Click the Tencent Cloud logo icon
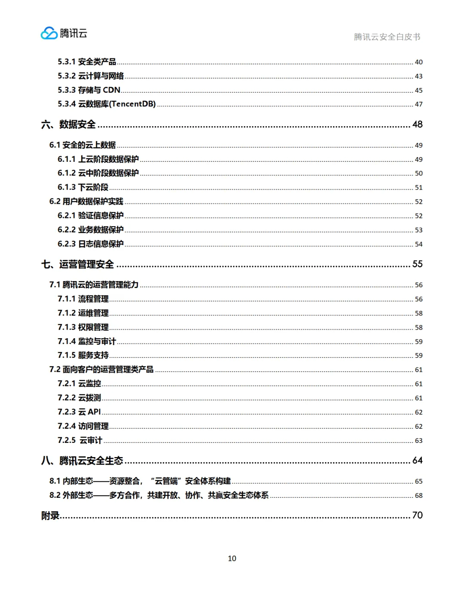pos(49,33)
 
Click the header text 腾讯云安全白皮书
pos(387,37)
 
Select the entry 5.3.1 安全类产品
pos(87,62)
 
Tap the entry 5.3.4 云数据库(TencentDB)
pos(107,104)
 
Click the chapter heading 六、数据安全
pos(69,124)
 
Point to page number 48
pos(417,124)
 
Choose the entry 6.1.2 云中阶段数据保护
pos(98,173)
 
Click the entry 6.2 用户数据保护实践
pos(86,201)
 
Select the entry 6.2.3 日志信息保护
pos(91,244)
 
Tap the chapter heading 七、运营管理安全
pos(78,264)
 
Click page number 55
pos(417,264)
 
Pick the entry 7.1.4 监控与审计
pos(87,341)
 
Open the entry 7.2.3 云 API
pos(79,412)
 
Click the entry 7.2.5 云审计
pos(80,440)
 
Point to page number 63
pos(418,441)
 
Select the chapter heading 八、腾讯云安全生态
pos(82,461)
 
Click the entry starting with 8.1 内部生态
pos(140,481)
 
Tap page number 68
pos(418,496)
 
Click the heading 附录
pos(50,515)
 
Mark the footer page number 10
pos(232,558)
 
